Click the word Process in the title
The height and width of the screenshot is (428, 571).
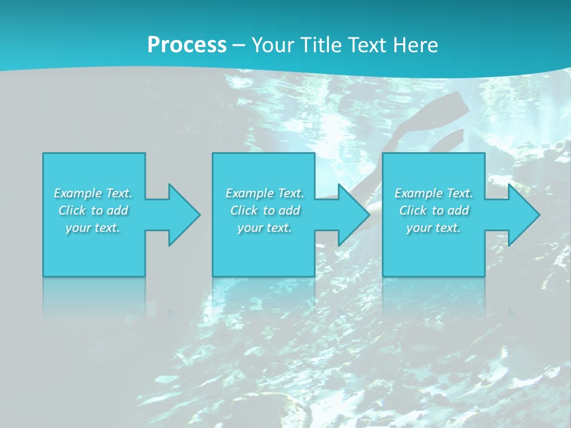tap(187, 45)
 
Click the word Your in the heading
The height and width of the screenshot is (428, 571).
tap(272, 45)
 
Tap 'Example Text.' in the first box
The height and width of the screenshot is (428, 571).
tap(93, 193)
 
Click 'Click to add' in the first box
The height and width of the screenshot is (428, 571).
tap(93, 210)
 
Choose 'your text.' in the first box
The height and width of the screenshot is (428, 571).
tap(93, 228)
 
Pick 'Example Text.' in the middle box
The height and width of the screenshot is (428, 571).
tap(264, 193)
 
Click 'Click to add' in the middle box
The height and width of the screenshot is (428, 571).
tap(264, 210)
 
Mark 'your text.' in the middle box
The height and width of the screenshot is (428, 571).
tap(264, 228)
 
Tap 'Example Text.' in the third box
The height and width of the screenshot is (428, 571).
tap(434, 193)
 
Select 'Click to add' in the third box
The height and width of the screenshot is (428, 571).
tap(434, 210)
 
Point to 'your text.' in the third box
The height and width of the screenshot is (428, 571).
tap(434, 228)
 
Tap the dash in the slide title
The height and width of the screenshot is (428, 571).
tap(239, 45)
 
